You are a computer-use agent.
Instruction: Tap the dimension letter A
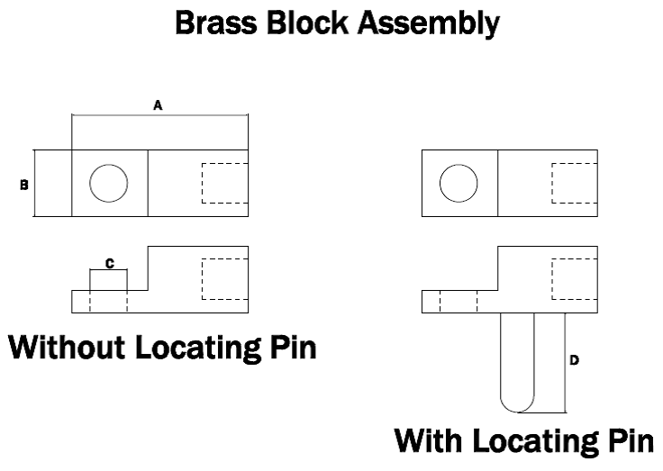click(158, 105)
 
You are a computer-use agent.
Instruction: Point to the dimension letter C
click(109, 263)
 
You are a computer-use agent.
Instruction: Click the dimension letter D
click(575, 360)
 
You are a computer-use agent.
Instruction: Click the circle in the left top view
click(109, 184)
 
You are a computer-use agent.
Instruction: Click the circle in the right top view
click(459, 184)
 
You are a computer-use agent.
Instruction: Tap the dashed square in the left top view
click(225, 184)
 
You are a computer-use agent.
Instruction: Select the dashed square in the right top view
click(575, 184)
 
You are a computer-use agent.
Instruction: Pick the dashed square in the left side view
click(225, 279)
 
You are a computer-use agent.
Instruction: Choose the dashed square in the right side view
click(575, 279)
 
